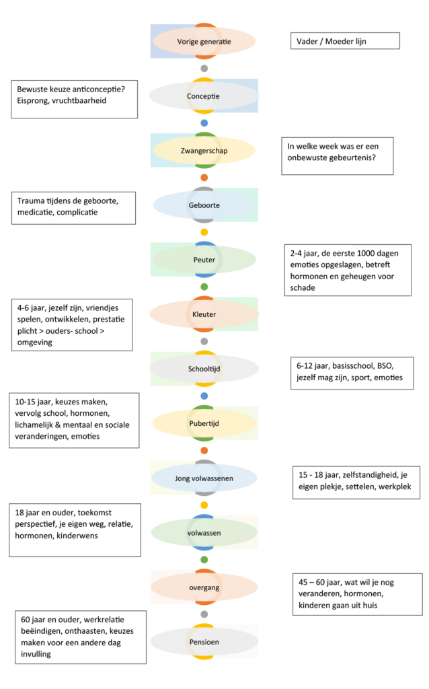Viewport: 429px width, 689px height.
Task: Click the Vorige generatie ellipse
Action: click(204, 41)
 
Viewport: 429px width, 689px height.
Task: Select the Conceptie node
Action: click(204, 96)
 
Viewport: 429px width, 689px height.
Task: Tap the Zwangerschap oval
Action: click(204, 151)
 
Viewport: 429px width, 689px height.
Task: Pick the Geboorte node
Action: click(204, 205)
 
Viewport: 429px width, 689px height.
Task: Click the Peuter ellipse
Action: click(204, 259)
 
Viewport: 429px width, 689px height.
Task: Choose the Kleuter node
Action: click(204, 314)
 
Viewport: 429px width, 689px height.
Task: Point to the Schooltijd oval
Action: click(204, 369)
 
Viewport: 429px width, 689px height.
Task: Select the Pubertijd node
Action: click(204, 423)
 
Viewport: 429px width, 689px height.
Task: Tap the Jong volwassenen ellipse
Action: click(204, 478)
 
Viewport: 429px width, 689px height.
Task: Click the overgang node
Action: click(204, 587)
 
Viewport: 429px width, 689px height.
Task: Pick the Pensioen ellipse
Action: click(204, 642)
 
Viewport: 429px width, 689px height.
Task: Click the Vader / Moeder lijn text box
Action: click(345, 41)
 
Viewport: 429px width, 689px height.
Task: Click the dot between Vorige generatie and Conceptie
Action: click(204, 69)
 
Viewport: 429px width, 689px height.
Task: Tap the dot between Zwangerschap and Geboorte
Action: click(204, 178)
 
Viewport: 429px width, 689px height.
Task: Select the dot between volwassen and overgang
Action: click(204, 560)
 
